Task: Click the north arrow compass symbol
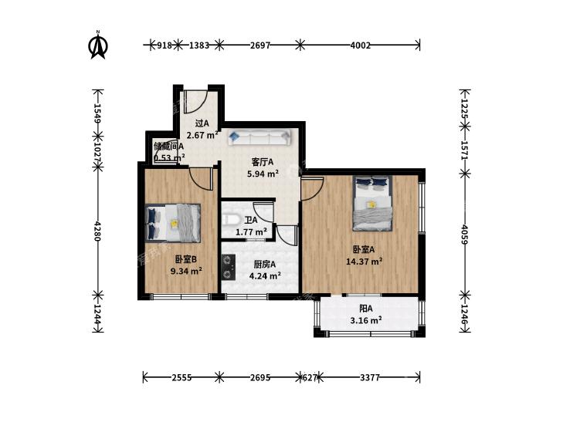tap(98, 45)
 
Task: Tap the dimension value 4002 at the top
tap(360, 46)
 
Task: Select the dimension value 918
tap(164, 46)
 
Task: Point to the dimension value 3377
tap(369, 377)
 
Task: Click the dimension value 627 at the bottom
tap(310, 377)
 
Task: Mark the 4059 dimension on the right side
tap(465, 235)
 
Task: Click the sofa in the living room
tap(259, 137)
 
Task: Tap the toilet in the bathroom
tap(229, 219)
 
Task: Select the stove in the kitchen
tap(228, 267)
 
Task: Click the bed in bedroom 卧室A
tap(372, 204)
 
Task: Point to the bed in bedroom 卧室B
tap(173, 223)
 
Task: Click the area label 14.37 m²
tap(364, 262)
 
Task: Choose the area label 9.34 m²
tap(186, 272)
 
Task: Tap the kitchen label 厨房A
tap(265, 265)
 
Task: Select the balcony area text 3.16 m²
tap(366, 320)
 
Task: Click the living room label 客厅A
tap(263, 163)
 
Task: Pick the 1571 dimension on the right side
tap(465, 150)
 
